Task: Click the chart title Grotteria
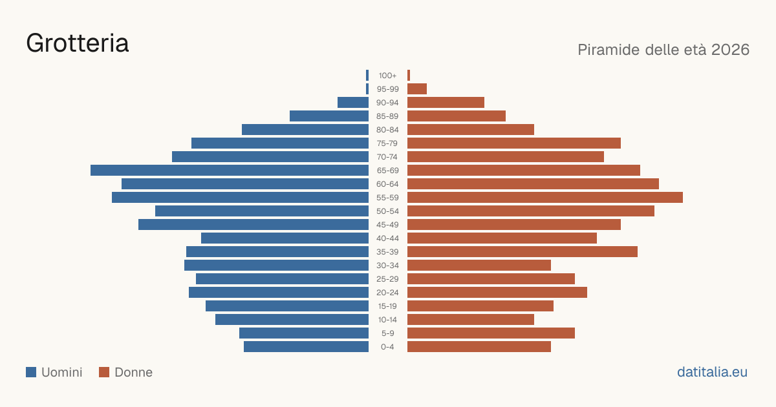77,43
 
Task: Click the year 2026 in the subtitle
730,50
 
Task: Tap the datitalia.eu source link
712,372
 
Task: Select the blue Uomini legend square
31,372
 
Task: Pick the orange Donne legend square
104,372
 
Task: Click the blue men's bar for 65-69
230,171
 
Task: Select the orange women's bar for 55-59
545,197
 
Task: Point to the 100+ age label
387,76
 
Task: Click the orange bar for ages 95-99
417,89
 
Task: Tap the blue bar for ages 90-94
353,103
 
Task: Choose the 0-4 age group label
387,347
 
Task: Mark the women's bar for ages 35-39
523,251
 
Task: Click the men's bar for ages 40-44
285,238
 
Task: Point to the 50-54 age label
387,211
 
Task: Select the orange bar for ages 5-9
491,333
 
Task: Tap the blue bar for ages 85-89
329,116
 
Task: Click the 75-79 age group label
387,143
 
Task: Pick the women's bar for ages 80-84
471,129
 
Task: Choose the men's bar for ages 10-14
292,319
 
